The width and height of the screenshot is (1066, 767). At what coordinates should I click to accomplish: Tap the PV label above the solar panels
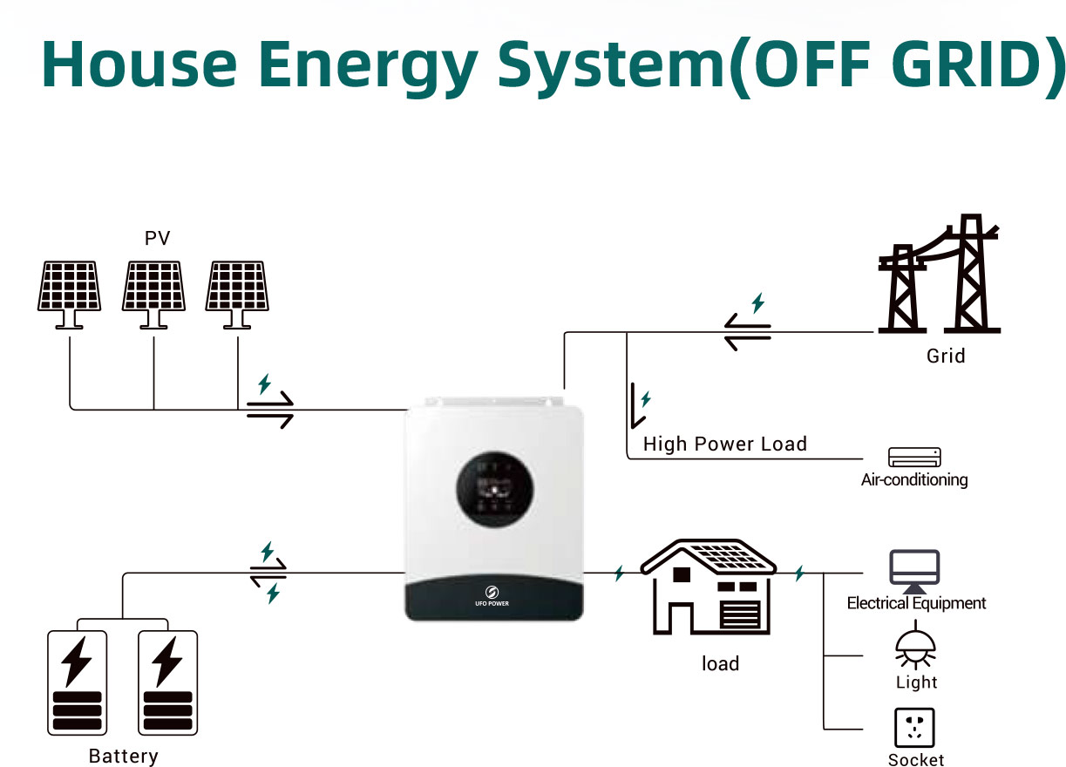pos(157,238)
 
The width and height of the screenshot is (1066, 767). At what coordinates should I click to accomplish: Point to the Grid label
pos(946,356)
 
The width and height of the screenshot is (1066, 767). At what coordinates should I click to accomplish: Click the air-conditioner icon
pos(914,458)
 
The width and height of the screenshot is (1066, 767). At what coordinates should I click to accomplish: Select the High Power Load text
pos(724,444)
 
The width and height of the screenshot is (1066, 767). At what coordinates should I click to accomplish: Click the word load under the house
pos(720,663)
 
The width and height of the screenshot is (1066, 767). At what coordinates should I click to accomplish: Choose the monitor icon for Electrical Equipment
pos(914,570)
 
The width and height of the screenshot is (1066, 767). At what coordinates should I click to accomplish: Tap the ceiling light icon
pos(915,646)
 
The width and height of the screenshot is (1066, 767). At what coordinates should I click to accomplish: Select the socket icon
pos(914,727)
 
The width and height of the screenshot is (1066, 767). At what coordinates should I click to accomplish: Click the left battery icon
pos(77,682)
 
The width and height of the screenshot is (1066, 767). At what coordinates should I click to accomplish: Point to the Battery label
pos(124,756)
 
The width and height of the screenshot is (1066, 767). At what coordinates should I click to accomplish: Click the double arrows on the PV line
pos(270,410)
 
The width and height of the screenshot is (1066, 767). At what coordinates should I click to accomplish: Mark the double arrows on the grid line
pos(748,332)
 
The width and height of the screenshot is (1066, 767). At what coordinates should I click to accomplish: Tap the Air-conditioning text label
pos(914,479)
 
